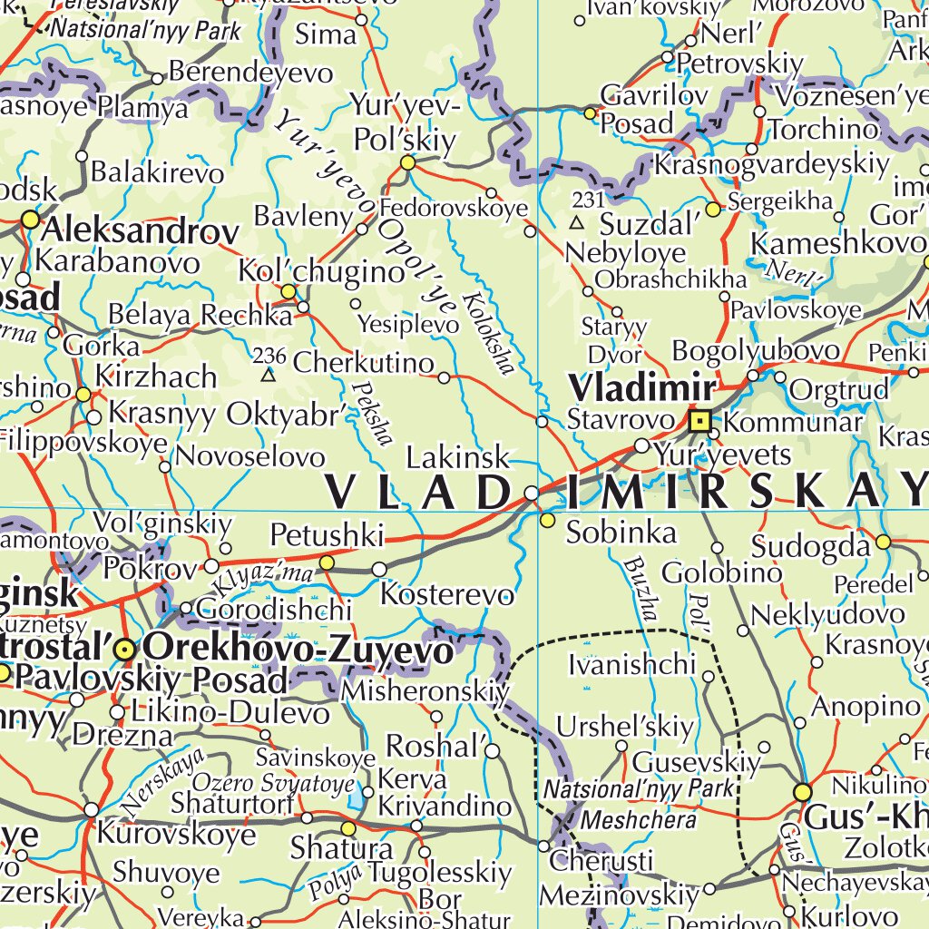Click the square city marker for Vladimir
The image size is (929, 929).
tap(699, 421)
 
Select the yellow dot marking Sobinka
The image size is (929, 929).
tap(547, 520)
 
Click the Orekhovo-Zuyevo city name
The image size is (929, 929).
tap(298, 650)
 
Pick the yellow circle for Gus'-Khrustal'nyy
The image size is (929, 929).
tap(802, 792)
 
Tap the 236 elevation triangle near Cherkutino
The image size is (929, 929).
tap(268, 374)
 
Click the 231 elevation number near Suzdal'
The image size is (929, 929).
tap(588, 199)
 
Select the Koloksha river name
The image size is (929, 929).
tap(487, 332)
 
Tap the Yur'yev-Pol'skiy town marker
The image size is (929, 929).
tap(407, 163)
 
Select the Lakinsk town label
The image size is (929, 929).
tap(457, 456)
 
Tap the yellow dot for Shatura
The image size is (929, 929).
tap(348, 828)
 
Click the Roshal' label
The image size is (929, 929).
tap(433, 746)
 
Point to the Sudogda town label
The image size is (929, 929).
tap(810, 546)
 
